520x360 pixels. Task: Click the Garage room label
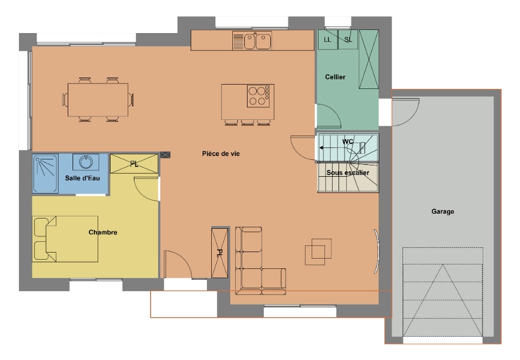(443, 211)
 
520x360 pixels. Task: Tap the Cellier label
(335, 77)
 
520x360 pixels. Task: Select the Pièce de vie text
(220, 153)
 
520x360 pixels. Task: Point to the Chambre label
(103, 232)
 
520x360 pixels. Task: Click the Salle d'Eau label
(82, 178)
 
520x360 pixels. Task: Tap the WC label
(348, 142)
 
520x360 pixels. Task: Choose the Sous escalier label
(348, 173)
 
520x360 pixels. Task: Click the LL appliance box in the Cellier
(328, 40)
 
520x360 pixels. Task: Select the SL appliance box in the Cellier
(348, 40)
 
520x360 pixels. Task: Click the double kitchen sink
(252, 41)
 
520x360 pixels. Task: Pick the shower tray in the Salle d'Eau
(45, 173)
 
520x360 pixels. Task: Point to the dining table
(98, 100)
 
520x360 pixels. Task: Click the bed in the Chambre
(66, 239)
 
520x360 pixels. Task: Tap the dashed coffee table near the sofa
(318, 252)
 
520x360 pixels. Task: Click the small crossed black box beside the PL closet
(165, 155)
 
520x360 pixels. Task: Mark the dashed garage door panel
(443, 292)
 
